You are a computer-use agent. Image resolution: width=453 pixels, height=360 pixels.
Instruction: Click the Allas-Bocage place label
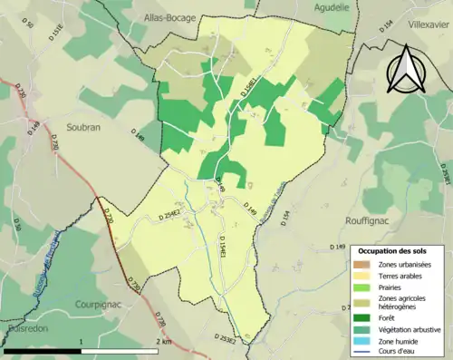[x=169, y=17]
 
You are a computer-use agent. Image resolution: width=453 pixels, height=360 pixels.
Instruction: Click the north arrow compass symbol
[x=405, y=67]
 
